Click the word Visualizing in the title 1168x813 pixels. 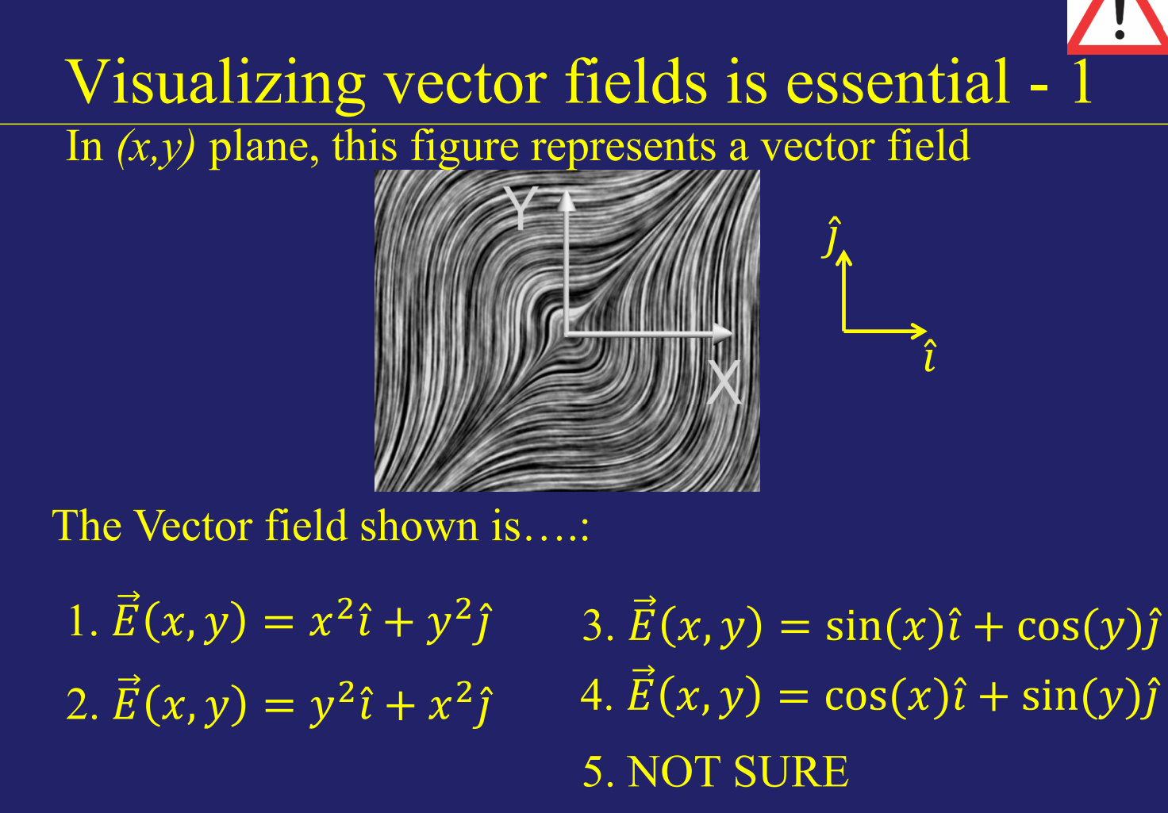coord(214,82)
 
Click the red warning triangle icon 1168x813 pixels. coord(1118,24)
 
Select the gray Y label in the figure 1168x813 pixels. coord(521,208)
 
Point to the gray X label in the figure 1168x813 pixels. coord(724,382)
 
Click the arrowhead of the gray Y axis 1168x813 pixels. coord(566,201)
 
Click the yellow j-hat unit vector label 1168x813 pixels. coord(832,236)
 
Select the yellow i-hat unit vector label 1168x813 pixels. coord(930,357)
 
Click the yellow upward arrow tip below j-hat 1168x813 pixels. coord(844,257)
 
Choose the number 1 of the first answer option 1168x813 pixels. coord(78,621)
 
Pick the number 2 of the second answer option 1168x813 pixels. coord(78,705)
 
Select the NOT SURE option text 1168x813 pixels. coord(737,772)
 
